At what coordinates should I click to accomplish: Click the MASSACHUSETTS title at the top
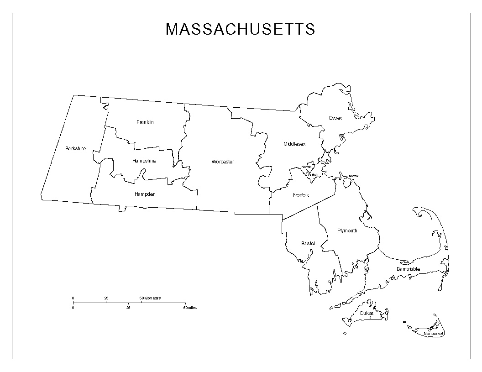[x=240, y=29]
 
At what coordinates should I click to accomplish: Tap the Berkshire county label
[x=75, y=148]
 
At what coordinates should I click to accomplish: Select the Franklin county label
[x=145, y=122]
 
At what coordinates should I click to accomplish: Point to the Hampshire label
[x=144, y=161]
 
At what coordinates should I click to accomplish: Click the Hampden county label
[x=145, y=194]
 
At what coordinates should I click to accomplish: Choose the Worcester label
[x=223, y=162]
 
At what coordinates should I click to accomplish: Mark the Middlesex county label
[x=294, y=144]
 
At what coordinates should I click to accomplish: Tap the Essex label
[x=335, y=118]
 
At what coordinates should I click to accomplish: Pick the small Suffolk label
[x=313, y=175]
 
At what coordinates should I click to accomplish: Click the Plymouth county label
[x=347, y=231]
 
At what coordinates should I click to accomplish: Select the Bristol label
[x=308, y=243]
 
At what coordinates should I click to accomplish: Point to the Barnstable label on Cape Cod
[x=408, y=269]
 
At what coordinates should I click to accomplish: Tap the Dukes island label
[x=367, y=314]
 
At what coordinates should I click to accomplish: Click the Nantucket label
[x=433, y=334]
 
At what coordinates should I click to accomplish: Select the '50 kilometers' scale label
[x=150, y=298]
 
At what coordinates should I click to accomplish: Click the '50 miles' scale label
[x=190, y=308]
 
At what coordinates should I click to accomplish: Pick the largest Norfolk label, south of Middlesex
[x=301, y=195]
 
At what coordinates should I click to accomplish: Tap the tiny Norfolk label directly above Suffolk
[x=306, y=167]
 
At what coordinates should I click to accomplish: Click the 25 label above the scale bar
[x=106, y=298]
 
